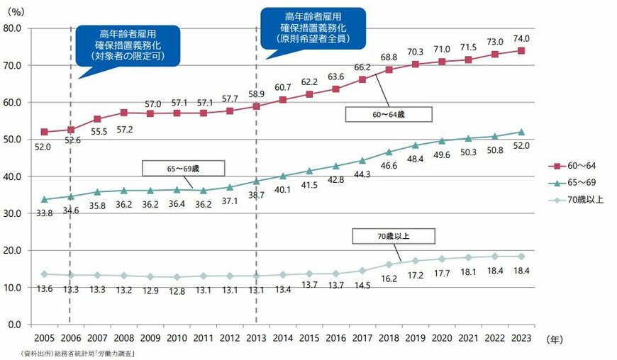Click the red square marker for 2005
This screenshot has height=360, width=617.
pyautogui.click(x=45, y=132)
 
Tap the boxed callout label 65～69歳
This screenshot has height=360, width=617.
pyautogui.click(x=183, y=168)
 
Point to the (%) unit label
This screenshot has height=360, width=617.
pyautogui.click(x=16, y=11)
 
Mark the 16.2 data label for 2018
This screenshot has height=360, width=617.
pyautogui.click(x=389, y=279)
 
